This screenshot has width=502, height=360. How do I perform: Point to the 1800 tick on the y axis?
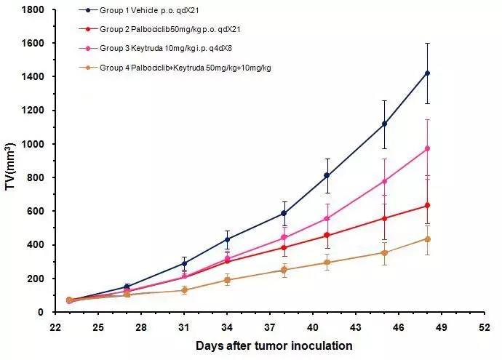click(33, 9)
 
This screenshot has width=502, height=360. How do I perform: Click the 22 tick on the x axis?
click(55, 327)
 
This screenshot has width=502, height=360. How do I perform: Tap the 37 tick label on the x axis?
click(269, 327)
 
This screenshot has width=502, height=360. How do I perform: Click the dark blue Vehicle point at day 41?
click(327, 175)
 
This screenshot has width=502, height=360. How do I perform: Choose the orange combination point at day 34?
click(227, 280)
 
